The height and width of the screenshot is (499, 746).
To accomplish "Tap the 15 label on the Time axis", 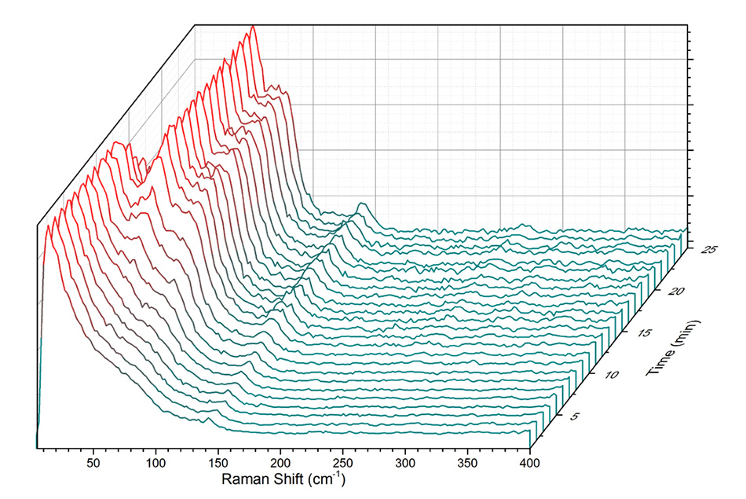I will pos(645,334).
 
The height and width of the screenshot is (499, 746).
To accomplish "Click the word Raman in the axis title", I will pos(246,479).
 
